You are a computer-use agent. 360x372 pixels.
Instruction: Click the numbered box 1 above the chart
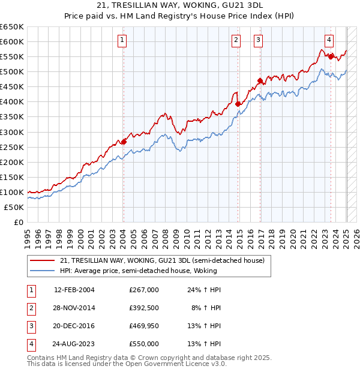[122, 40]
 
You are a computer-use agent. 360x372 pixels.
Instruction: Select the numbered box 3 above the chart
[259, 40]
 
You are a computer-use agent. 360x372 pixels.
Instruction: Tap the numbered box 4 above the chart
[329, 40]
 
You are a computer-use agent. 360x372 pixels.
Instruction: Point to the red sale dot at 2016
[260, 80]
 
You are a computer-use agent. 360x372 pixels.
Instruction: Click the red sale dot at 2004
[124, 142]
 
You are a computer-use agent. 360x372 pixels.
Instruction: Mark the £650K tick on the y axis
[12, 27]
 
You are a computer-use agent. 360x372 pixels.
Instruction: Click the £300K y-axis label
[12, 132]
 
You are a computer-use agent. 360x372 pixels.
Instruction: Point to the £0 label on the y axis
[18, 222]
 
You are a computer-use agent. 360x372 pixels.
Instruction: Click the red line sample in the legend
[41, 260]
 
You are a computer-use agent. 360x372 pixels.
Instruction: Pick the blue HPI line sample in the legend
[41, 271]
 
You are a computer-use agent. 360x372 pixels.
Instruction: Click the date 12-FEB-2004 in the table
[74, 290]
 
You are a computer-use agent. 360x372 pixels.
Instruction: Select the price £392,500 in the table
[144, 308]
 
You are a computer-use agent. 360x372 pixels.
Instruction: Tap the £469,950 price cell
[144, 326]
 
